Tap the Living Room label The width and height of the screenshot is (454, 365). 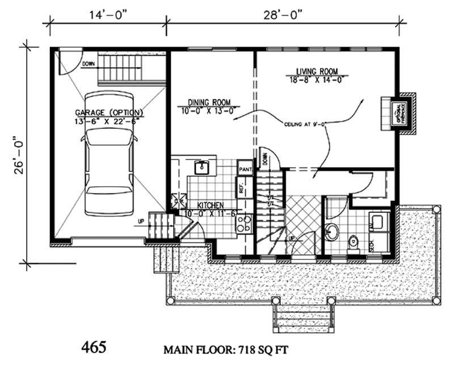[x=317, y=72]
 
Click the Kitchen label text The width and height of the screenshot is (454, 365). [x=210, y=204]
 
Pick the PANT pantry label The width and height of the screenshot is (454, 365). [x=245, y=169]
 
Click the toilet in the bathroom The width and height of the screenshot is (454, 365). [x=354, y=243]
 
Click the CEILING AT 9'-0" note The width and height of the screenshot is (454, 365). [x=306, y=123]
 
